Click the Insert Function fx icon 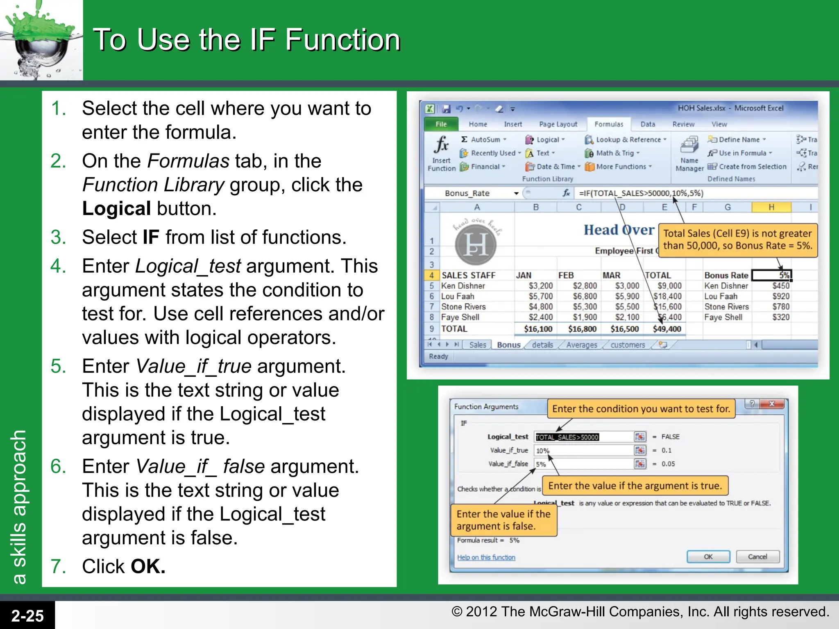442,145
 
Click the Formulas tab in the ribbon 608,124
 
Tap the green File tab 441,124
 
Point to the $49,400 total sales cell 667,329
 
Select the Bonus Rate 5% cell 771,275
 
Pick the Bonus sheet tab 508,345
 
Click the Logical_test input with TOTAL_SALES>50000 584,437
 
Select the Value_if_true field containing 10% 584,450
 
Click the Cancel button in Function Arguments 757,557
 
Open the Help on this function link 486,557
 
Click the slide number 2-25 27,615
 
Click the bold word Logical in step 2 116,209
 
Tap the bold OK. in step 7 148,566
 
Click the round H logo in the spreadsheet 476,244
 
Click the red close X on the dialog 771,404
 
